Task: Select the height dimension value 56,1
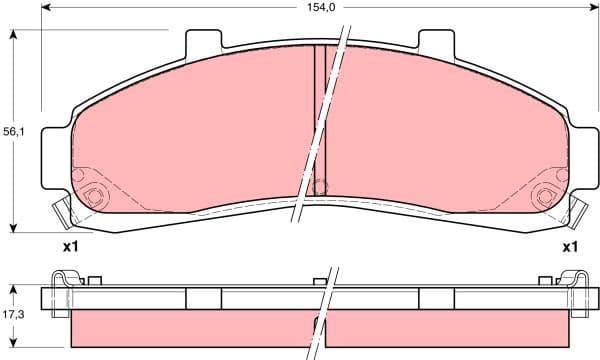(13, 131)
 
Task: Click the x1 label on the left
(70, 246)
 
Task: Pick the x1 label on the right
(570, 246)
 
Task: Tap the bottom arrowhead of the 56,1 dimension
(13, 225)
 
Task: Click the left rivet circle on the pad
(95, 196)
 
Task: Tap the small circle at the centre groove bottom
(321, 186)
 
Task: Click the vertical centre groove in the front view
(321, 110)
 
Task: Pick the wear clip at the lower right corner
(578, 212)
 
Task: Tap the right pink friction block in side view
(450, 328)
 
